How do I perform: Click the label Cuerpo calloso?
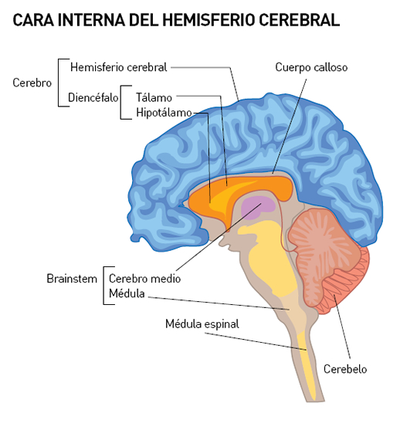(x=311, y=67)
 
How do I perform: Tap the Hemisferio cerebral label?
(x=119, y=67)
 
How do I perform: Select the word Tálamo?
(x=154, y=97)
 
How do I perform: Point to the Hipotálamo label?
(x=164, y=113)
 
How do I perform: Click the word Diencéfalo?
(x=93, y=97)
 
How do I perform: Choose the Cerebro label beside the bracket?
(x=32, y=83)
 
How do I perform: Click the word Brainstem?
(x=72, y=279)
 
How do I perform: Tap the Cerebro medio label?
(x=144, y=279)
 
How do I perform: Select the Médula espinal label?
(x=202, y=324)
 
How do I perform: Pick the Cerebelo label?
(x=345, y=369)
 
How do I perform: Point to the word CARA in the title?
(x=33, y=20)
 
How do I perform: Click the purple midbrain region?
(x=258, y=208)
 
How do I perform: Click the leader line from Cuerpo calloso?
(x=290, y=127)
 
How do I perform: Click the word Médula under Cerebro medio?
(x=127, y=293)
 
